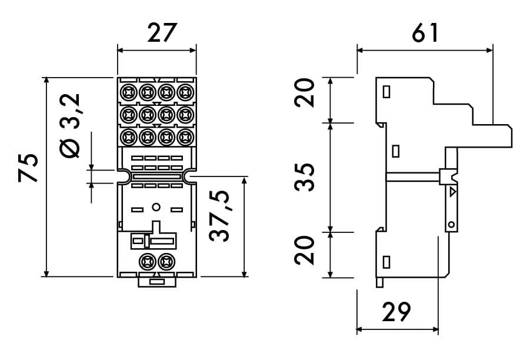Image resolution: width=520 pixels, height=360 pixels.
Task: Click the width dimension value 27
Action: (158, 34)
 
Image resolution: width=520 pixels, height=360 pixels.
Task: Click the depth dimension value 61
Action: (424, 33)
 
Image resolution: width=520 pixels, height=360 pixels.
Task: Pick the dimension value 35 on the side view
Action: (305, 177)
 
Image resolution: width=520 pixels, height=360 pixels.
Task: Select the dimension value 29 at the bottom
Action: (396, 312)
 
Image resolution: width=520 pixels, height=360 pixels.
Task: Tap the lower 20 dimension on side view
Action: (305, 250)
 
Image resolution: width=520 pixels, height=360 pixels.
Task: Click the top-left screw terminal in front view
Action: (127, 92)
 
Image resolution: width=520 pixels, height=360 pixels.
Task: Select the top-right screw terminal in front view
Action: (186, 92)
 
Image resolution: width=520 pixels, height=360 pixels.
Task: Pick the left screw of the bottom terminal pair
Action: (146, 261)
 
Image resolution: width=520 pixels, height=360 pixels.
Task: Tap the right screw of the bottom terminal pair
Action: (167, 261)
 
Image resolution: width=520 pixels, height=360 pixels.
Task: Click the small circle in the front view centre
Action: (156, 206)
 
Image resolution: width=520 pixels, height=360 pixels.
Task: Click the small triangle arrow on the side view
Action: (452, 192)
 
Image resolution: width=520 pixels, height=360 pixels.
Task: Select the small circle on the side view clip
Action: (451, 224)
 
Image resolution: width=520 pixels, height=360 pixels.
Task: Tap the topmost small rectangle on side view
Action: (386, 92)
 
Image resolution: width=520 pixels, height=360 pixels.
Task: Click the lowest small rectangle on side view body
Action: (386, 261)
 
